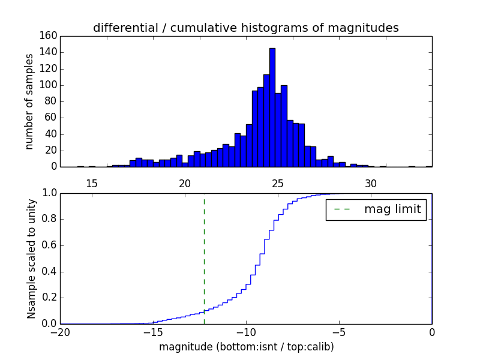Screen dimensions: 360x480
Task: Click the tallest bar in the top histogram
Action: (x=272, y=108)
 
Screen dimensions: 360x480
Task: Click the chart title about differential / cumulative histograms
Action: (x=245, y=28)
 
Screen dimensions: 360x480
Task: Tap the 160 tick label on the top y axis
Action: (x=50, y=36)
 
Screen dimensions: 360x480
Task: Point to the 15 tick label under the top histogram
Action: (x=92, y=183)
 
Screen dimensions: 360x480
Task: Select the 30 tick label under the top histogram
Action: (x=371, y=183)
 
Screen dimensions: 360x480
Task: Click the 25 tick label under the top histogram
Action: (x=278, y=183)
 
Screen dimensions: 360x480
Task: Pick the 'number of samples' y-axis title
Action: (x=29, y=101)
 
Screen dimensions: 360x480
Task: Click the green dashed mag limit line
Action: (x=204, y=252)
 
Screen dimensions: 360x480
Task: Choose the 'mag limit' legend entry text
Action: (x=392, y=209)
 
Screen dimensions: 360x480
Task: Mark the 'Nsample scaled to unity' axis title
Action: (x=31, y=259)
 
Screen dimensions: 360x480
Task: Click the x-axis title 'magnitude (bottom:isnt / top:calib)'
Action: (x=246, y=347)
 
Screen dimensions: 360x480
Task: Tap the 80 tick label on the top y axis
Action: (x=52, y=101)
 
